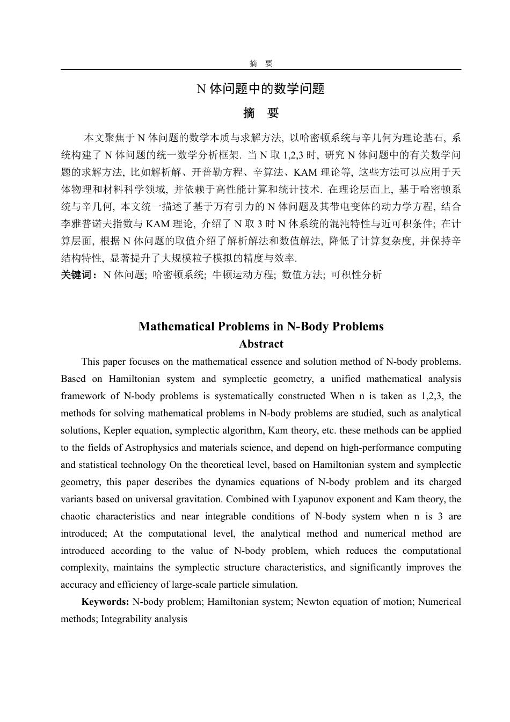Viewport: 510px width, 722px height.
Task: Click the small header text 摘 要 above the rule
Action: point(261,63)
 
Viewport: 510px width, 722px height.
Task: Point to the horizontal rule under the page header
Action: point(261,69)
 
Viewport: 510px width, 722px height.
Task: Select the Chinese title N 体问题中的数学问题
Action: point(261,89)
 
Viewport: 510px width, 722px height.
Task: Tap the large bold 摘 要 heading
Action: point(261,113)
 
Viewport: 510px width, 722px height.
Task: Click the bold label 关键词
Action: point(78,275)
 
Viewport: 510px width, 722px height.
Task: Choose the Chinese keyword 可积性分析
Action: point(356,275)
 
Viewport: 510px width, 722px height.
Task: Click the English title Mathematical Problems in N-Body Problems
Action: point(261,327)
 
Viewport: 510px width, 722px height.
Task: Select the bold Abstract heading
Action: point(261,344)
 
